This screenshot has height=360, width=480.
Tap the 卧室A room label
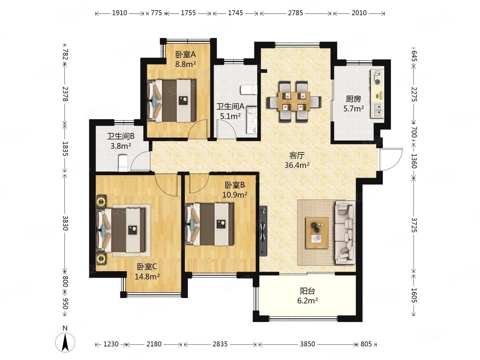186,55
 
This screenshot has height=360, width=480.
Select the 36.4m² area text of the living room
297,165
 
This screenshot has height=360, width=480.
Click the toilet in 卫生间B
123,163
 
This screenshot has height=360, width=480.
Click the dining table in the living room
294,102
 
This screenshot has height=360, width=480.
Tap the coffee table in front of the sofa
317,233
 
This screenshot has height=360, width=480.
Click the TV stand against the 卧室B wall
263,231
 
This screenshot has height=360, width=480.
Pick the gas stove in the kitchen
377,77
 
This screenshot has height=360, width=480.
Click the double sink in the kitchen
377,110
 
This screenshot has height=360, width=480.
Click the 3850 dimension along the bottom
307,344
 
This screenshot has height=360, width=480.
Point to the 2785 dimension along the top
295,13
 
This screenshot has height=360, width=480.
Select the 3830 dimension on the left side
65,223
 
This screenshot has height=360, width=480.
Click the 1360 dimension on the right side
414,161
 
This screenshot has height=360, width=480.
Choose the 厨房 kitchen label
353,99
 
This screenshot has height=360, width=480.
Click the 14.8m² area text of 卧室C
147,277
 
